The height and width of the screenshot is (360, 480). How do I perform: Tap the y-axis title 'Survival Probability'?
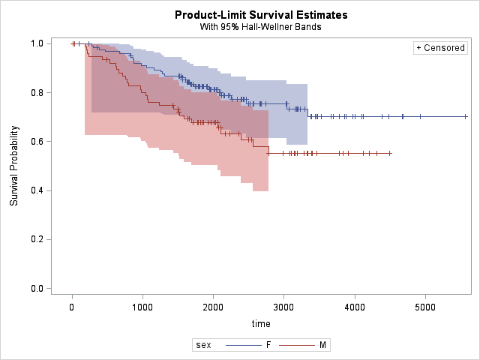click(14, 166)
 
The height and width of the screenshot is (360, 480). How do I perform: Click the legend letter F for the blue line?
click(268, 345)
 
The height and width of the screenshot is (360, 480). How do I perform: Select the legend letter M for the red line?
click(322, 345)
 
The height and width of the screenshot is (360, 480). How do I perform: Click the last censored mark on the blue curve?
click(466, 116)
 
